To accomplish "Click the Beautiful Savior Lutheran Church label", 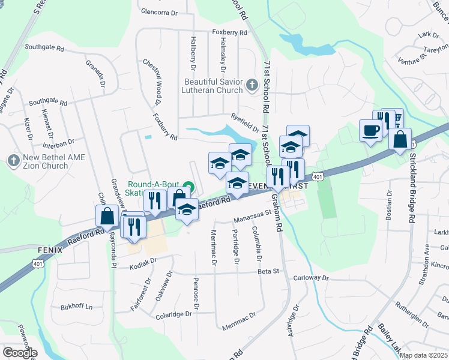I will pos(213,86).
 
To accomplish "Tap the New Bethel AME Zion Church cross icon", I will pos(13,161).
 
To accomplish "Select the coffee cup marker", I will pos(370,130).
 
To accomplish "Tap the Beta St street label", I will pos(268,271).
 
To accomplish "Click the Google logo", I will pos(20,352).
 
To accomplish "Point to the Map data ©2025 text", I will pos(423,355).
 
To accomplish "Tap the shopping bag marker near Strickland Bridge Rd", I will pos(400,140).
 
